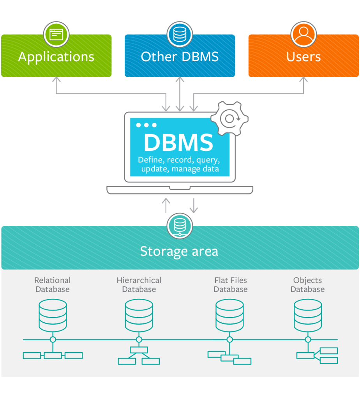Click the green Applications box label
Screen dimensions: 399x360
(x=56, y=57)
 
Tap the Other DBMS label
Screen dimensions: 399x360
(x=180, y=57)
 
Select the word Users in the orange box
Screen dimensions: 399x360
(x=304, y=57)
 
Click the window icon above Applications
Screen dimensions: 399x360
(x=56, y=34)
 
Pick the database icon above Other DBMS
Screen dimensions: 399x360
(x=180, y=34)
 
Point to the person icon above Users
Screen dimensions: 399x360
(x=304, y=34)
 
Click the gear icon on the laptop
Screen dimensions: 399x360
(x=229, y=118)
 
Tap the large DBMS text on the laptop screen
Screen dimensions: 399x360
(x=179, y=143)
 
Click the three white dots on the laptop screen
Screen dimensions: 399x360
(x=146, y=125)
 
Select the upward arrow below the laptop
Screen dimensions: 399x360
(x=166, y=205)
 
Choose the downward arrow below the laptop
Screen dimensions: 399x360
(x=194, y=205)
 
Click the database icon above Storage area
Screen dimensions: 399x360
(x=180, y=226)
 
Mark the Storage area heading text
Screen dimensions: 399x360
(x=179, y=251)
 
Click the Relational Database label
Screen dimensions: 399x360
(x=53, y=285)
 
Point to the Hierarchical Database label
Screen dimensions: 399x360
(x=139, y=285)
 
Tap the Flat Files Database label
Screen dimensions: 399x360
(x=231, y=285)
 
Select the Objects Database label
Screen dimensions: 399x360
(x=308, y=285)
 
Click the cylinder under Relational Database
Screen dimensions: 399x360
(x=53, y=315)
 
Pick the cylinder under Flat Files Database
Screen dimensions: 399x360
(x=229, y=315)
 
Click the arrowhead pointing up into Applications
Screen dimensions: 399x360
(x=56, y=79)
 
